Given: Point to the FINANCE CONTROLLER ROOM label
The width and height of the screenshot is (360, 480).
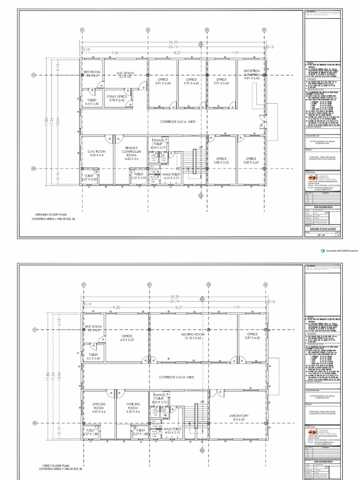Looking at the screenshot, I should (x=132, y=153).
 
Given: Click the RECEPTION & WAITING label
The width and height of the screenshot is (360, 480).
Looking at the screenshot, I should (x=251, y=75).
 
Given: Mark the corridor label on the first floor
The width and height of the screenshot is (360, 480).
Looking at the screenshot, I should (x=176, y=377).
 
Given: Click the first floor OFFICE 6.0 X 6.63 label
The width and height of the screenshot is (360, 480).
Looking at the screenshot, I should (x=127, y=337).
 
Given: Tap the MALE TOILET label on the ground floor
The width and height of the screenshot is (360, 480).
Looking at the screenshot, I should (x=172, y=176).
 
